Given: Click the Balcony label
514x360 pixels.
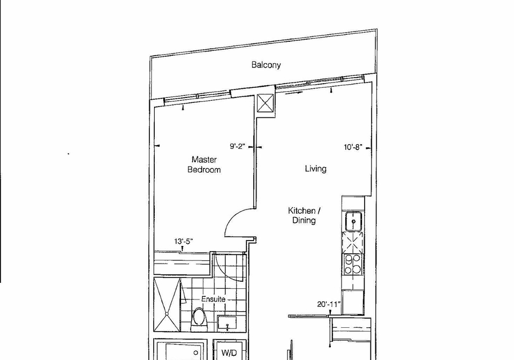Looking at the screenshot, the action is (x=266, y=65).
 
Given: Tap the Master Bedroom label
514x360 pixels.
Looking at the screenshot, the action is (x=204, y=164).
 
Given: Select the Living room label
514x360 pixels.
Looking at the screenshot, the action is (x=316, y=169).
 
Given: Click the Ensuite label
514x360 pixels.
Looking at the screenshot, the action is (x=213, y=299).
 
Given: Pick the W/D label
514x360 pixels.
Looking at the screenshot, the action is (x=229, y=353).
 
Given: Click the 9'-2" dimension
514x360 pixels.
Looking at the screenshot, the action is (x=237, y=146).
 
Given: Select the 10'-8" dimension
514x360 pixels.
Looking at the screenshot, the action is (x=353, y=147).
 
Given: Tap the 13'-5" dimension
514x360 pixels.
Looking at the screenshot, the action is (x=183, y=242).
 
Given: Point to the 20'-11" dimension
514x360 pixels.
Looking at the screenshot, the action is (x=329, y=304).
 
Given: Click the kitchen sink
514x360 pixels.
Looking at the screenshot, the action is (x=353, y=221).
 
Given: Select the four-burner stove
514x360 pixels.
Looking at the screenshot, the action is (x=353, y=265).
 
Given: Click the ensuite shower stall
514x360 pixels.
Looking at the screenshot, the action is (x=167, y=305).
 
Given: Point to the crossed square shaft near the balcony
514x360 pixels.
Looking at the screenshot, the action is (x=265, y=103).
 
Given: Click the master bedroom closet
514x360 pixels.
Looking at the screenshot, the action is (x=182, y=263).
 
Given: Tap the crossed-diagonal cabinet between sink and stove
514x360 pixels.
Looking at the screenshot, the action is (x=353, y=243).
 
